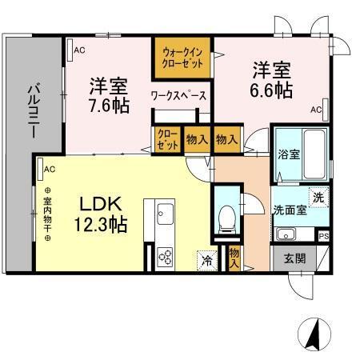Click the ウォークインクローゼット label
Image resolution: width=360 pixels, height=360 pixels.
(182, 57)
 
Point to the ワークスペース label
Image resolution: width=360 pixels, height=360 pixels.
(179, 96)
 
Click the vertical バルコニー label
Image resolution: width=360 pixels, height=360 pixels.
(33, 113)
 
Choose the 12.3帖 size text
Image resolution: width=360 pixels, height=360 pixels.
(98, 225)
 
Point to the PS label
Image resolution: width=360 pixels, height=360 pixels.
(323, 236)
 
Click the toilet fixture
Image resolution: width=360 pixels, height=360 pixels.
(227, 216)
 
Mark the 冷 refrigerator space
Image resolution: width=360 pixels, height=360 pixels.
(206, 259)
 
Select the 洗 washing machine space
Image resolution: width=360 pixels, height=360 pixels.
(318, 198)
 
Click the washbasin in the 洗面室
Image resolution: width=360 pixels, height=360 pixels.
(286, 235)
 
